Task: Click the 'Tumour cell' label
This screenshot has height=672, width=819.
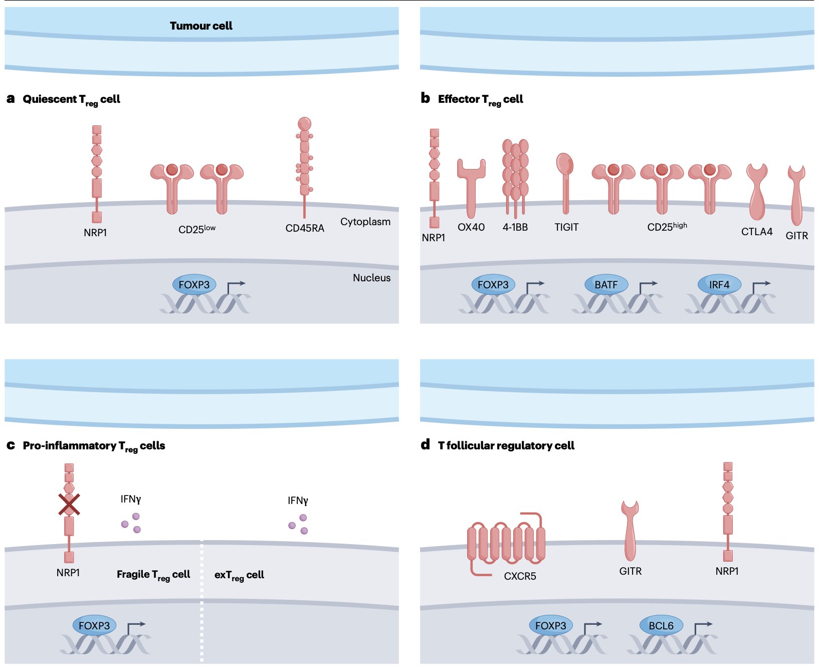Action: pos(201,26)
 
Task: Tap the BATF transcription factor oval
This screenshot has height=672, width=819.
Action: pos(606,284)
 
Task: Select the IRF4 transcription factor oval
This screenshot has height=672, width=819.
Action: pos(719,284)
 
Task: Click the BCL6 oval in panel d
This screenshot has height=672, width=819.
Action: pos(661,625)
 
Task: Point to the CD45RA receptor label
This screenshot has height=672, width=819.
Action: pos(305,228)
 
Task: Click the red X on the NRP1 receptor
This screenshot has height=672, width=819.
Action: pos(69,505)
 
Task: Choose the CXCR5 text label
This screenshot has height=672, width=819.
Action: pos(520,576)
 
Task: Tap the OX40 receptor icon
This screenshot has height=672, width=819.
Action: pos(471,188)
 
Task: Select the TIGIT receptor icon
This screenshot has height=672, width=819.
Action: pos(565,184)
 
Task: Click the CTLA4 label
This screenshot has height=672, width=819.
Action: pos(757,232)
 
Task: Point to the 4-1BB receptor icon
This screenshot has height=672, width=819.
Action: pos(515,178)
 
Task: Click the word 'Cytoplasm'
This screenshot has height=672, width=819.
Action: pos(365,222)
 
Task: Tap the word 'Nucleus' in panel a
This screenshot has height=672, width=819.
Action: pos(371,278)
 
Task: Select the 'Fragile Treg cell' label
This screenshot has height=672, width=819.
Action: pos(153,575)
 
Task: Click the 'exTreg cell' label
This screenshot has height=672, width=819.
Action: pos(239,576)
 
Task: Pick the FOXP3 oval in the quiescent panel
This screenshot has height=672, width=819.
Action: pos(194,284)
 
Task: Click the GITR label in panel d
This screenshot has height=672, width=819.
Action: pos(630,571)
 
